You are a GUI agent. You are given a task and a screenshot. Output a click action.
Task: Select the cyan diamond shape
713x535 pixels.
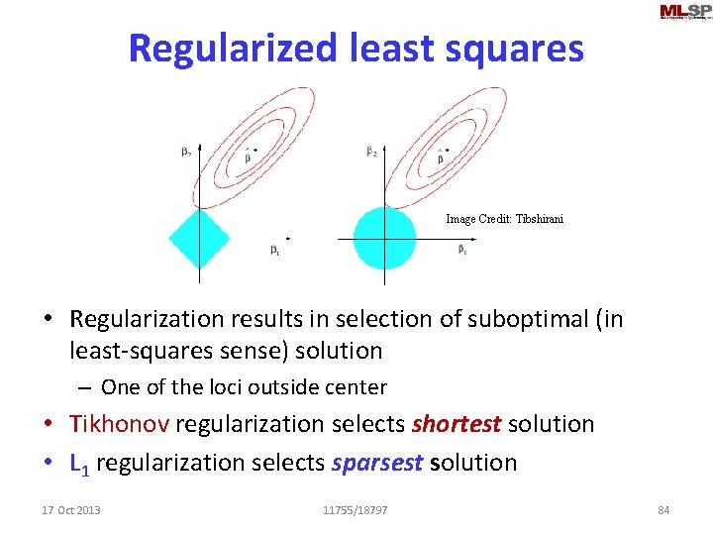[199, 239]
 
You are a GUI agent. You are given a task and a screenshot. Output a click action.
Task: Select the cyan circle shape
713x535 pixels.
[384, 238]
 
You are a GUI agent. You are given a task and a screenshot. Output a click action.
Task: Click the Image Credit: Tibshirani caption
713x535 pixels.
[504, 219]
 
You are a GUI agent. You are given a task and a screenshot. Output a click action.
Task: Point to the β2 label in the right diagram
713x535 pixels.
[371, 152]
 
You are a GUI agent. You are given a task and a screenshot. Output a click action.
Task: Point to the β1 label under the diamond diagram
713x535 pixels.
[274, 251]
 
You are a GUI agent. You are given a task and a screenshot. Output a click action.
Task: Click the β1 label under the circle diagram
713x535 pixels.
[462, 250]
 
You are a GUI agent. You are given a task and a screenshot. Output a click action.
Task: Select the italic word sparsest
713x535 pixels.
[375, 463]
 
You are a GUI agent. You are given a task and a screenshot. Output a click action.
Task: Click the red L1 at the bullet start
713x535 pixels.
[80, 463]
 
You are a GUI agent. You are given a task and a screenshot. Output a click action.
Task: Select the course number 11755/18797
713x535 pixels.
[356, 510]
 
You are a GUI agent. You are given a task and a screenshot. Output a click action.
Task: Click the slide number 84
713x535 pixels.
[663, 510]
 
